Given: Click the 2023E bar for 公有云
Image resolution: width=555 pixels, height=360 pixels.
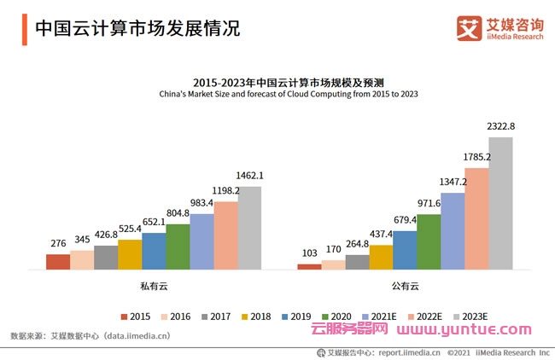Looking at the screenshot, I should (500, 203).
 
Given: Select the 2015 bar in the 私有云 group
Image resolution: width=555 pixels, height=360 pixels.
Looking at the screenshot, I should (58, 262).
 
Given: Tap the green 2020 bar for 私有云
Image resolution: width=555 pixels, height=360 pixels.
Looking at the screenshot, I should (178, 247).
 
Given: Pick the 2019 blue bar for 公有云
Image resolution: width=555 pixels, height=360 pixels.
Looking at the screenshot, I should (405, 250).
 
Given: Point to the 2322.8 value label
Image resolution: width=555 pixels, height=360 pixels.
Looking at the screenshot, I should (501, 126).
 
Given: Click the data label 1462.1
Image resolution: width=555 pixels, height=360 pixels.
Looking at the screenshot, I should (249, 176).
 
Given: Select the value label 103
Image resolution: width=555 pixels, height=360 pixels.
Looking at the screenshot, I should (309, 253).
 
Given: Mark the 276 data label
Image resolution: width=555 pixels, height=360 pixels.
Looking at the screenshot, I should (58, 244).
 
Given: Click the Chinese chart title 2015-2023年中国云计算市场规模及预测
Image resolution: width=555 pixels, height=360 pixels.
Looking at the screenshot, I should (277, 81).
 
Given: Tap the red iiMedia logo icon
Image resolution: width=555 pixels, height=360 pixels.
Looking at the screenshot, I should (469, 27).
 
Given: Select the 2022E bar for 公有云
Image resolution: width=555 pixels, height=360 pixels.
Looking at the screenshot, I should (476, 218).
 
